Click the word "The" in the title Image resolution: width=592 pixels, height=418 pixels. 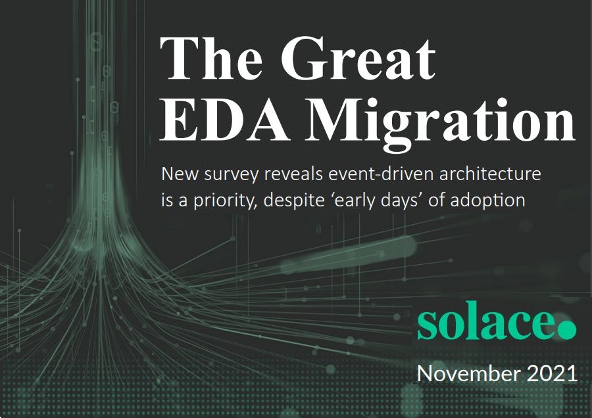211,58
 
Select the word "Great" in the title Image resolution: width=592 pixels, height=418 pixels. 358,58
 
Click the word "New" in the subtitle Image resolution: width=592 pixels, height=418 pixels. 180,174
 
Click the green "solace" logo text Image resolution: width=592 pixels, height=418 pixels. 486,321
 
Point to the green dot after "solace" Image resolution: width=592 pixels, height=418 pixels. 567,330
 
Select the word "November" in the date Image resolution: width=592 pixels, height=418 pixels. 468,373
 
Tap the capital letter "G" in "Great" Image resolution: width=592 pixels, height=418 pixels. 302,58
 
